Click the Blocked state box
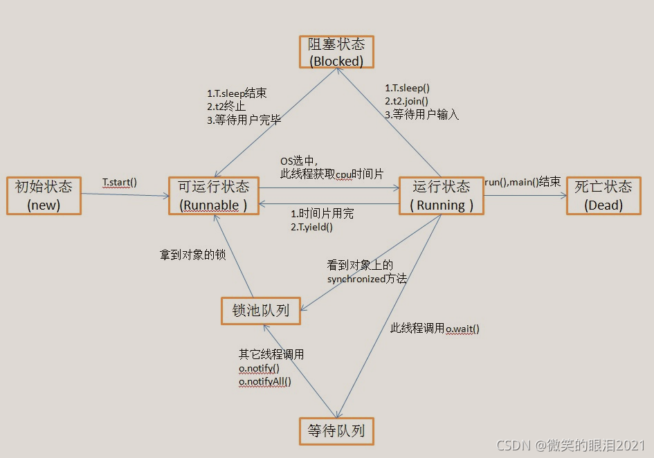click(336, 52)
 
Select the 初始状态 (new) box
click(44, 196)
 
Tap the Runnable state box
click(213, 196)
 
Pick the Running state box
click(441, 196)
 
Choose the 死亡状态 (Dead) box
click(603, 196)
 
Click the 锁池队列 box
click(261, 310)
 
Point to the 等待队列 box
click(336, 431)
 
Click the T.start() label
click(120, 183)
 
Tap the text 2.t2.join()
click(406, 101)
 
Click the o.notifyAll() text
click(265, 381)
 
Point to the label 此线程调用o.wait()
click(435, 329)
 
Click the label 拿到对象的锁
click(192, 255)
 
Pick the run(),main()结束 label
click(522, 182)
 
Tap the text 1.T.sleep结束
click(237, 93)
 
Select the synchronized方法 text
click(367, 279)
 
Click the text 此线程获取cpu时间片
click(331, 174)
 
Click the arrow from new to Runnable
click(125, 195)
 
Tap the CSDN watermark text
click(570, 445)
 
